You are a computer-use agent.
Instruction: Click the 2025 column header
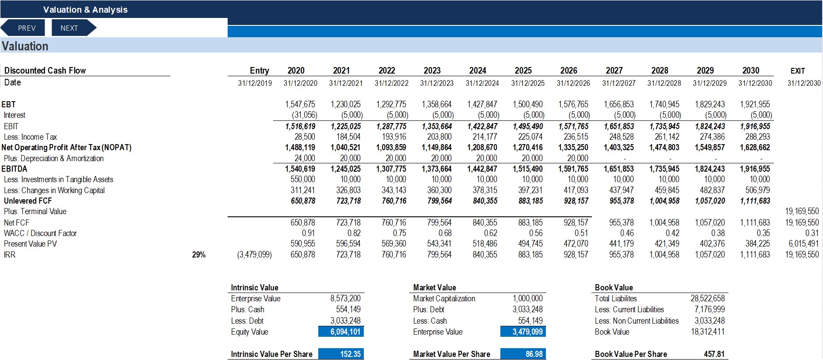tap(523, 71)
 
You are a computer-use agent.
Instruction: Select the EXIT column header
tap(798, 71)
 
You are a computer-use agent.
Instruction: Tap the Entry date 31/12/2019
tap(255, 83)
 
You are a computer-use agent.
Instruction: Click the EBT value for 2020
tap(300, 104)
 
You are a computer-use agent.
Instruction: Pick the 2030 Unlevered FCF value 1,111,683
tap(755, 201)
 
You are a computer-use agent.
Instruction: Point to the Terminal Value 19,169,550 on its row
tap(802, 212)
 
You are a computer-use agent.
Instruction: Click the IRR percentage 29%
tap(199, 254)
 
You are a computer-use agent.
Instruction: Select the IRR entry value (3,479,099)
tap(254, 254)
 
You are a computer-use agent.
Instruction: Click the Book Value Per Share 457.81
tap(714, 354)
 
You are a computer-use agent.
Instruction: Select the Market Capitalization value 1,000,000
tap(528, 299)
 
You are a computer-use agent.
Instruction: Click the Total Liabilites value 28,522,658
tap(707, 299)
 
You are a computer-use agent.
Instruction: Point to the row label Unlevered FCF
tap(28, 201)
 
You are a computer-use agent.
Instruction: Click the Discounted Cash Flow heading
tap(45, 71)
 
